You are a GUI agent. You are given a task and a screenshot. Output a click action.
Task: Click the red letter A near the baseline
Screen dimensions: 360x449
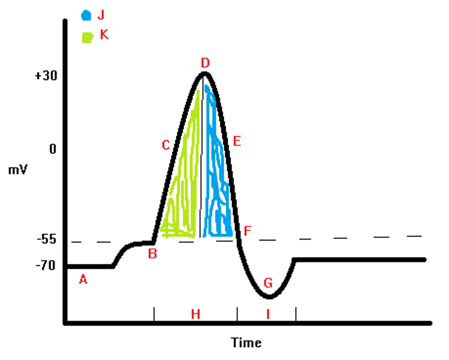tap(83, 280)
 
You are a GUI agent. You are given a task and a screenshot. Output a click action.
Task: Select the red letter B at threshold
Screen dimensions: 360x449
tap(152, 254)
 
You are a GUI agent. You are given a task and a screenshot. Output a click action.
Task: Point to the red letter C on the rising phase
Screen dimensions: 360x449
tap(166, 145)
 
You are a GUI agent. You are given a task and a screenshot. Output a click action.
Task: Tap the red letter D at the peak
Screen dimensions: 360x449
tap(205, 63)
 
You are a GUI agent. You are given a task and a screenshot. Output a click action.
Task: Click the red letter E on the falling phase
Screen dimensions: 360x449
tap(237, 141)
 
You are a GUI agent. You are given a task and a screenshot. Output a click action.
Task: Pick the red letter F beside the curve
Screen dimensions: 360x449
tap(247, 231)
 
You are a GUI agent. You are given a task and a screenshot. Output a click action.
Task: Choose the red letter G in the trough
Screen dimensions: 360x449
tap(268, 283)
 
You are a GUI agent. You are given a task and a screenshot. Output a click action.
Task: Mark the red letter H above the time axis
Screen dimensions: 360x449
tap(196, 314)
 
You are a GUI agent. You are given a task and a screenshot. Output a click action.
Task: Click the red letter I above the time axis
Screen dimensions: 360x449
tap(268, 314)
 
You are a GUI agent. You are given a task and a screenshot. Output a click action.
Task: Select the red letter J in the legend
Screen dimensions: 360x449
tap(101, 15)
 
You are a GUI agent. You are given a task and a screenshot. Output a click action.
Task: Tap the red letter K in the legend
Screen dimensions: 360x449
tap(104, 35)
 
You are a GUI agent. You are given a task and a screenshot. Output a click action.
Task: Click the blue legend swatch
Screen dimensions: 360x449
tap(86, 15)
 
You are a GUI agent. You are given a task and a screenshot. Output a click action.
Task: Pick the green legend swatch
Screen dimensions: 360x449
tap(87, 37)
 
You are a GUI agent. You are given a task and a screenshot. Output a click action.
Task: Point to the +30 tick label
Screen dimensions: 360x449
tap(46, 76)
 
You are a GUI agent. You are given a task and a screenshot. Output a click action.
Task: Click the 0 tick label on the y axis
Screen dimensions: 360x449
tap(53, 149)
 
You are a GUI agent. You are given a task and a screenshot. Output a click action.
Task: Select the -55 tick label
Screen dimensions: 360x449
tap(47, 239)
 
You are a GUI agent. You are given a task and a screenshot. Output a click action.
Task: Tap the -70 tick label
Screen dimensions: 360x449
tap(46, 265)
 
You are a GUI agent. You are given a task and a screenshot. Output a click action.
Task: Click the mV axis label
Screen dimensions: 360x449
tap(18, 170)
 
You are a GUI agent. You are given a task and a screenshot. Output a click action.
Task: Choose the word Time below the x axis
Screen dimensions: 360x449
tap(246, 343)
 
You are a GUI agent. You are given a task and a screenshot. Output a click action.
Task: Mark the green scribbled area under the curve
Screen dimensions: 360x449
tap(184, 187)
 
